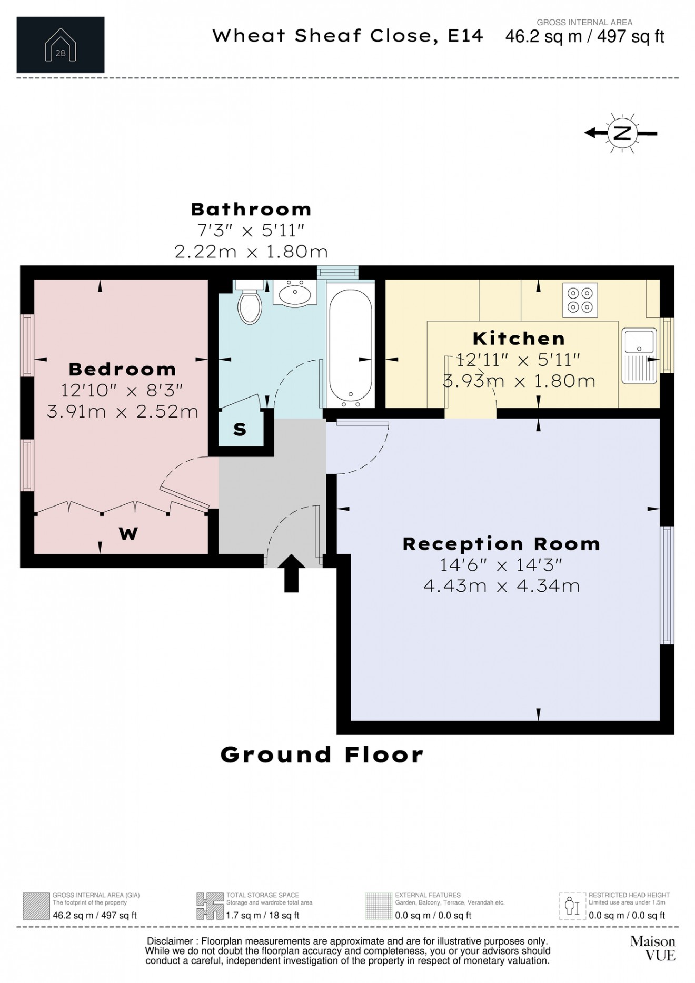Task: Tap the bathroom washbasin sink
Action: pyautogui.click(x=295, y=293)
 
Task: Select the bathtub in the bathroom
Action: pyautogui.click(x=351, y=347)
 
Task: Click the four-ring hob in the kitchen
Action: pyautogui.click(x=580, y=300)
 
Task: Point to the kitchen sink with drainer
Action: pyautogui.click(x=639, y=355)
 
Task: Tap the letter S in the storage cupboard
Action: pyautogui.click(x=240, y=430)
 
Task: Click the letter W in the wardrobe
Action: pyautogui.click(x=128, y=534)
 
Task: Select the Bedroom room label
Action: pyautogui.click(x=122, y=369)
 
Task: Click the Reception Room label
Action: pyautogui.click(x=501, y=544)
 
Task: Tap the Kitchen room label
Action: pyautogui.click(x=519, y=338)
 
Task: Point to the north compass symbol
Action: pyautogui.click(x=622, y=133)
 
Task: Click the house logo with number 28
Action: pyautogui.click(x=61, y=45)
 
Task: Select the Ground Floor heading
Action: pyautogui.click(x=322, y=754)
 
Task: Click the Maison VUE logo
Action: pyautogui.click(x=652, y=948)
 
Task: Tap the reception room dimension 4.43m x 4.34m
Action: pyautogui.click(x=501, y=585)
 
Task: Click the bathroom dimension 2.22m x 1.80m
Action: pyautogui.click(x=251, y=252)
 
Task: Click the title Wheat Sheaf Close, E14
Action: pyautogui.click(x=347, y=36)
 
